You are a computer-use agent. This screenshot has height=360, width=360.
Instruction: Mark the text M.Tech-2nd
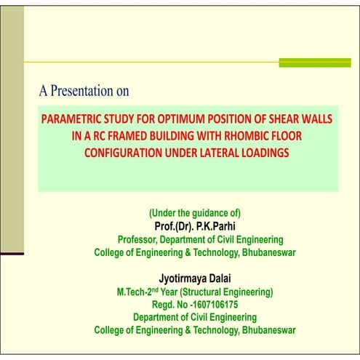[143, 292]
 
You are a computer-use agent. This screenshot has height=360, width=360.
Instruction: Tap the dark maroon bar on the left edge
[12, 254]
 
